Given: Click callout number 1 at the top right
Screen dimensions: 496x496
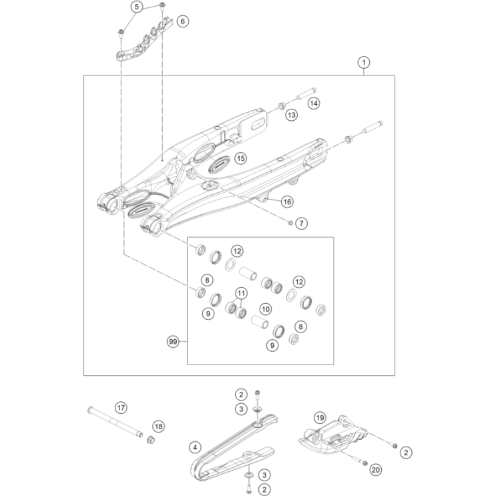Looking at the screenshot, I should click(x=364, y=63).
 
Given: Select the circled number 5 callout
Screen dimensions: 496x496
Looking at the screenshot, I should click(x=138, y=8).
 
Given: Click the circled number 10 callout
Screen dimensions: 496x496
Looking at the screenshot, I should click(x=266, y=309).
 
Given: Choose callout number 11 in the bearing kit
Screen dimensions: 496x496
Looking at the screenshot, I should click(x=240, y=292).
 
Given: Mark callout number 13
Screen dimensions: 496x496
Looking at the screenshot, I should click(x=292, y=115).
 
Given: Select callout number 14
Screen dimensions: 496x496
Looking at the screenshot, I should click(x=314, y=103).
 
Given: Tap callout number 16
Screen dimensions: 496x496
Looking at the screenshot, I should click(x=287, y=201).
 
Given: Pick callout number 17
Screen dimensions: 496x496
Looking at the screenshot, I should click(x=121, y=407).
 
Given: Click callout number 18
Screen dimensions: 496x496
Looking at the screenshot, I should click(x=158, y=426).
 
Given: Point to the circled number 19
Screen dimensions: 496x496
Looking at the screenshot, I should click(x=320, y=418).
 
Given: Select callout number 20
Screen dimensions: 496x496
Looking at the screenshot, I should click(x=375, y=470).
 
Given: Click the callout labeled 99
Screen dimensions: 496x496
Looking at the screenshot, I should click(x=174, y=342).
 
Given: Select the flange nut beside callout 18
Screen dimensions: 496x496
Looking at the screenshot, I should click(x=151, y=440).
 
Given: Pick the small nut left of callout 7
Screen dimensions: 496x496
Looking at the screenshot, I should click(x=290, y=222).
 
